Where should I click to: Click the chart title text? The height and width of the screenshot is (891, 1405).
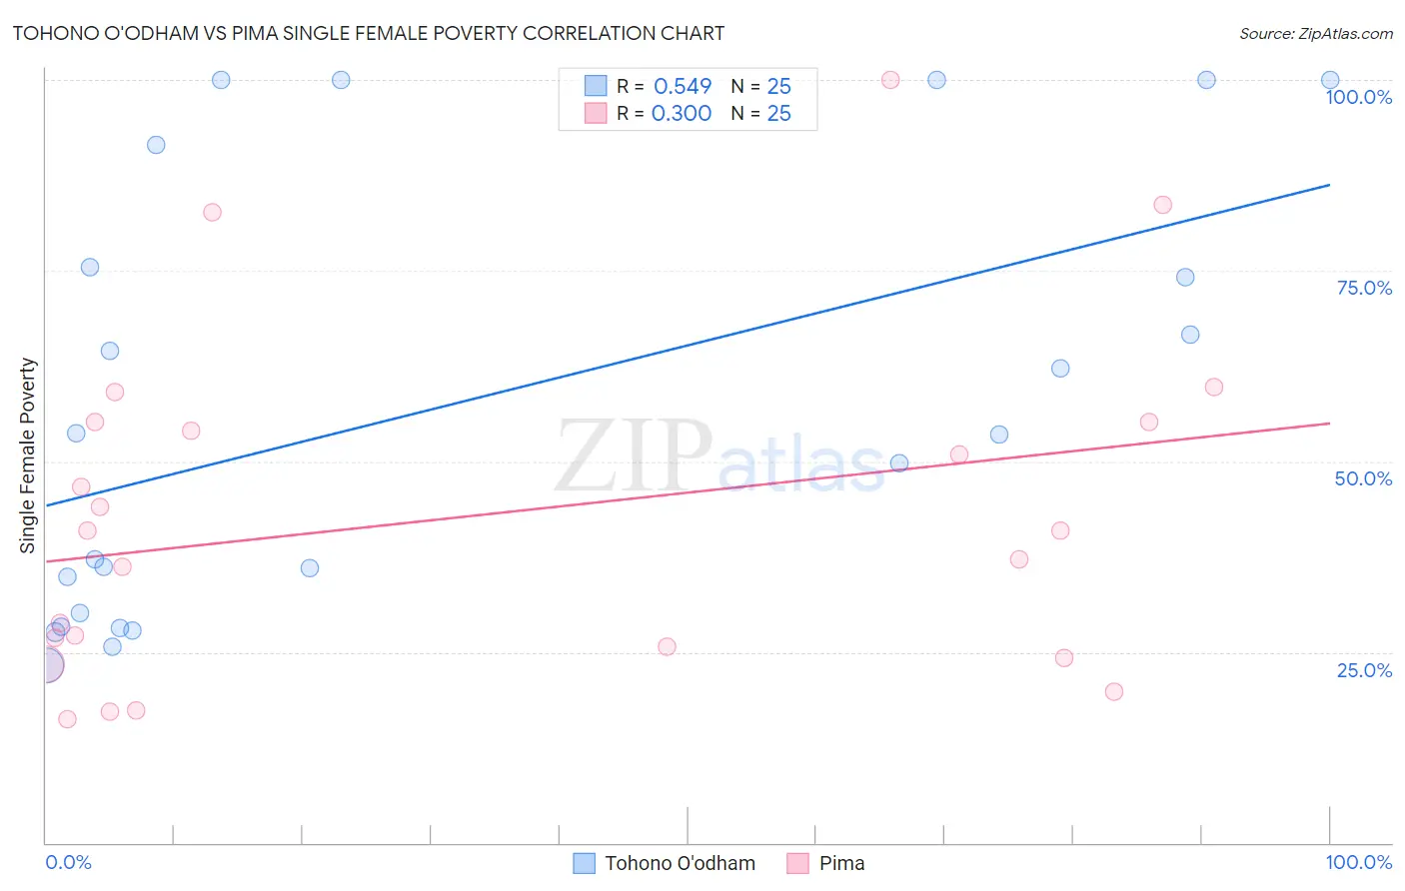[x=369, y=33]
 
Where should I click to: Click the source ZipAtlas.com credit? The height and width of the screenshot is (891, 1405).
[x=1315, y=34]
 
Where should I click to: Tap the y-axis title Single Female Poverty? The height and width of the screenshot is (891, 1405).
[x=28, y=455]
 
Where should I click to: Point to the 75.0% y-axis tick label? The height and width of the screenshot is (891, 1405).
[x=1364, y=288]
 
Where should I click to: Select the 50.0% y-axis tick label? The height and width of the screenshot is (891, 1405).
[x=1363, y=478]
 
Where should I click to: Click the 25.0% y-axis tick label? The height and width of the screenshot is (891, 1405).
[x=1364, y=670]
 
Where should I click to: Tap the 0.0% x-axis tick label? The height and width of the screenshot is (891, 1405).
[x=68, y=863]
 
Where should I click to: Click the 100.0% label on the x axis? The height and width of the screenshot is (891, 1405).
[x=1358, y=863]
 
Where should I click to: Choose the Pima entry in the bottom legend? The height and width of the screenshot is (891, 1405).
[x=841, y=864]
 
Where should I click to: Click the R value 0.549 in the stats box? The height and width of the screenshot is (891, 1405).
[x=683, y=87]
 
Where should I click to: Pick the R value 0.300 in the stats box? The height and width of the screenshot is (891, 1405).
[x=682, y=114]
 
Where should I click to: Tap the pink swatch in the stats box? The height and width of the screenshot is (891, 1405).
[x=596, y=113]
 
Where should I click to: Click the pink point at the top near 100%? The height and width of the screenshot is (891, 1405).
[x=890, y=80]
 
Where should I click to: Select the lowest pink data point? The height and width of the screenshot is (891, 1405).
[x=67, y=719]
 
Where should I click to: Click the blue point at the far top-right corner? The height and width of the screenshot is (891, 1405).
[x=1330, y=80]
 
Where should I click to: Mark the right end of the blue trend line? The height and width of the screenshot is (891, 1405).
[x=1329, y=185]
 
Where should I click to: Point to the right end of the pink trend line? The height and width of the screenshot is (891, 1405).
[x=1329, y=424]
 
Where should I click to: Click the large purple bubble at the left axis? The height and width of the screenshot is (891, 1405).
[x=46, y=665]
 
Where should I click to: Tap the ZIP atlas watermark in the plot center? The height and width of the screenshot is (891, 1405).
[x=719, y=457]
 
